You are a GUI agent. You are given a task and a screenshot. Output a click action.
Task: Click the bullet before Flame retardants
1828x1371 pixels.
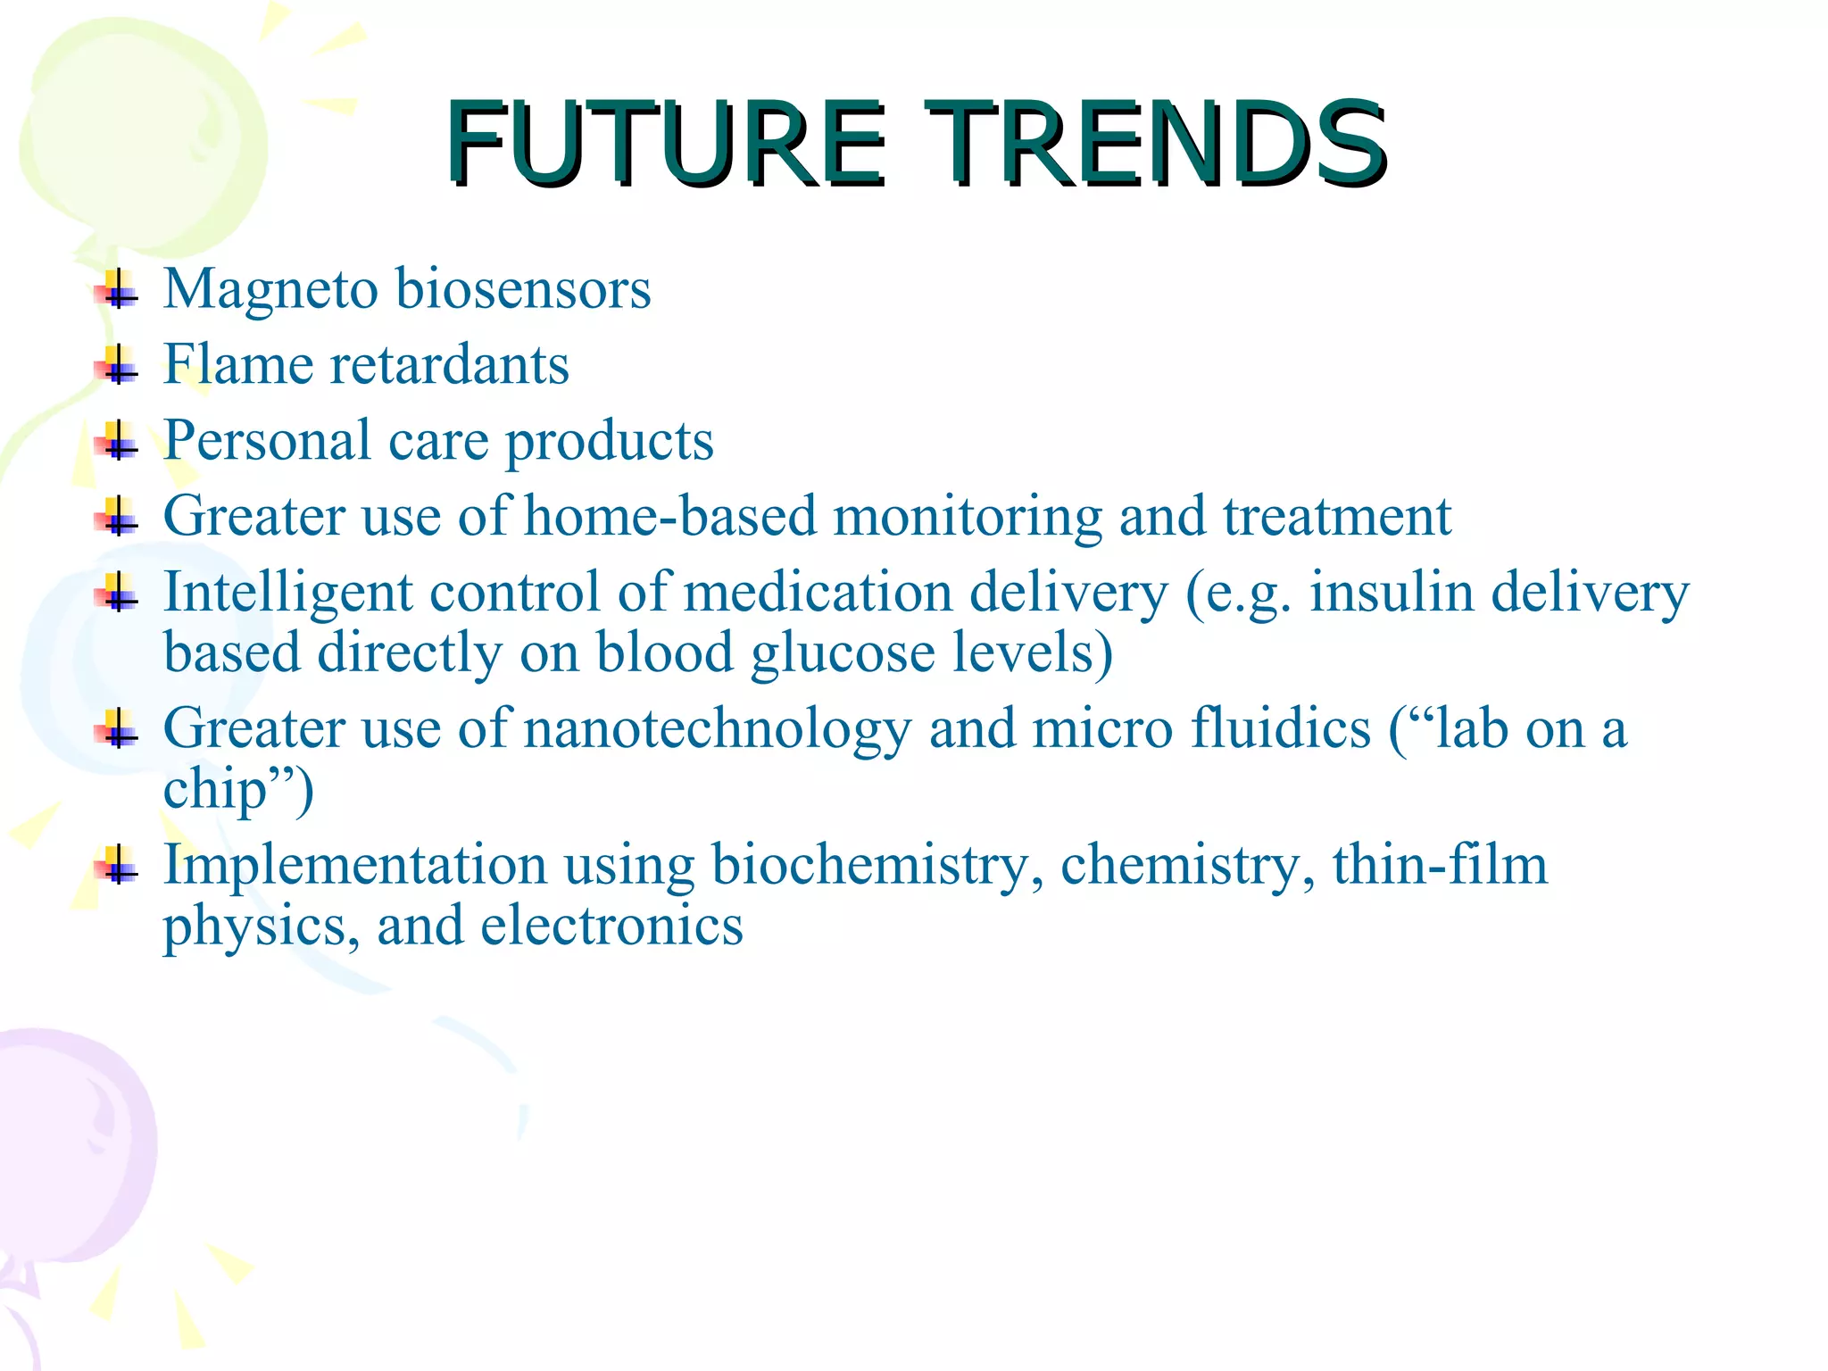point(118,365)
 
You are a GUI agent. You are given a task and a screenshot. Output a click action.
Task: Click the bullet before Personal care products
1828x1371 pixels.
point(118,441)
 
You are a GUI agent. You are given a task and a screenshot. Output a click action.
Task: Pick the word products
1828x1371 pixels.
point(610,443)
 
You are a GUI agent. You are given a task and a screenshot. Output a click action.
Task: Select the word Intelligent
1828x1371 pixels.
point(287,594)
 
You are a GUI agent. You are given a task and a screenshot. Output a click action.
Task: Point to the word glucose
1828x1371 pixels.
point(843,654)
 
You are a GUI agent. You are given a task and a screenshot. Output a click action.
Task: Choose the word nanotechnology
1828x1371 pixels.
point(717,730)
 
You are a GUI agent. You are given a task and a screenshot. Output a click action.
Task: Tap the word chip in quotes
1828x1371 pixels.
point(215,790)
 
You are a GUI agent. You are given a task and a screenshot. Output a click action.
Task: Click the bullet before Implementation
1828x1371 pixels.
point(118,865)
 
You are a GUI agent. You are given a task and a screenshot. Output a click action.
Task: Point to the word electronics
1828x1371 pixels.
point(611,926)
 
